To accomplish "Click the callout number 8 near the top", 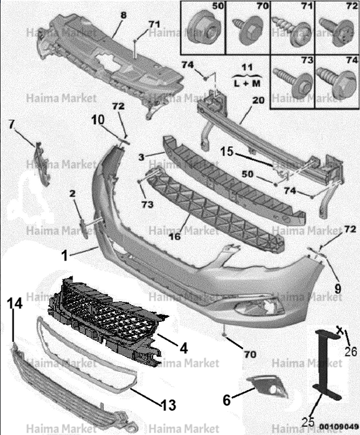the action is (123, 15).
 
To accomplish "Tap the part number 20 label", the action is (258, 100).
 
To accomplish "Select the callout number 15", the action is (227, 152).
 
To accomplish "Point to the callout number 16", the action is (175, 236).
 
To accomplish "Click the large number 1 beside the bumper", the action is (64, 256).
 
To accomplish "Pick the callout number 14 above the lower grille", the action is (15, 304).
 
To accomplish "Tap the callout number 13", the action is (168, 406).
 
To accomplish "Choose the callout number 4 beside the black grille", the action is (184, 348).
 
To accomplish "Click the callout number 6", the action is (227, 400).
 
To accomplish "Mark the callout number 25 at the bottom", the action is (308, 422).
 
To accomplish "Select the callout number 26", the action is (351, 351).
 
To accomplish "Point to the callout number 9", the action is (337, 289).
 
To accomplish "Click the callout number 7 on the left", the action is (11, 124).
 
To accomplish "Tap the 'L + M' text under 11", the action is (247, 83).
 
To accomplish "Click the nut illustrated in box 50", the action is (203, 29).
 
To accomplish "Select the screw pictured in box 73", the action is (292, 81).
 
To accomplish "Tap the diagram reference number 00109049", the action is (339, 426).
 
